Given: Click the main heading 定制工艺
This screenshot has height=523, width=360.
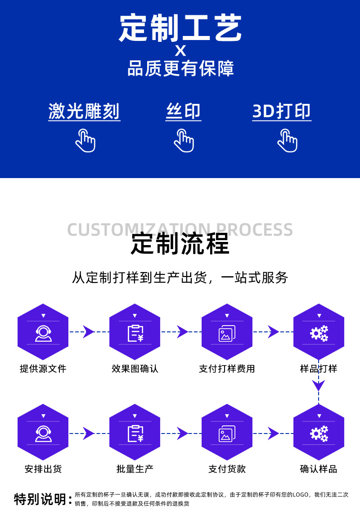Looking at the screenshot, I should click(180, 28).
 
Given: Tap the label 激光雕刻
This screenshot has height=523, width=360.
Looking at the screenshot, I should click(84, 111).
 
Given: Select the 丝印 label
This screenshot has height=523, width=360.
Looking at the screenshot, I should click(183, 111).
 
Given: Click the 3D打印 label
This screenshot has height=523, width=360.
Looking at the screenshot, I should click(282, 111).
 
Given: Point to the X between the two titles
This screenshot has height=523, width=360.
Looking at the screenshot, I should click(180, 50).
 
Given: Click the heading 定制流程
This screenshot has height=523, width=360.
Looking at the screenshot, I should click(180, 244).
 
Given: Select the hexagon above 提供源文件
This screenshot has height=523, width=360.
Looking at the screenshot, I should click(43, 332).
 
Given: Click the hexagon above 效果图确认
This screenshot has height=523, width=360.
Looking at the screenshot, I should click(135, 332).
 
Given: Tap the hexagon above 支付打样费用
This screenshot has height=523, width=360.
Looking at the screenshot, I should click(227, 332).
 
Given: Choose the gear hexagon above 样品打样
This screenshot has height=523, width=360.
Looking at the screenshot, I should click(319, 332).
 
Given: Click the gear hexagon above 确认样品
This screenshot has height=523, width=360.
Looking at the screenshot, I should click(319, 432).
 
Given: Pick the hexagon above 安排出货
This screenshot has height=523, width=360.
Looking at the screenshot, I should click(43, 432).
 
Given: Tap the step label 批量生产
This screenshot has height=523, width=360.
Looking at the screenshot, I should click(135, 469).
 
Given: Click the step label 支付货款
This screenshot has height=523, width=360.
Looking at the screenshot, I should click(227, 469).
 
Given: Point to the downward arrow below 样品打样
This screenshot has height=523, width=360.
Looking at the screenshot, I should click(319, 385).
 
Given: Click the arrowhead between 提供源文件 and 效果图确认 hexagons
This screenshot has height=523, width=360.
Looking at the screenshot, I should click(88, 332).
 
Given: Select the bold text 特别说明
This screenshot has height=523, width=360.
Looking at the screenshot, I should click(40, 499).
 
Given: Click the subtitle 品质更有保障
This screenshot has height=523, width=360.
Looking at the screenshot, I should click(180, 69).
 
